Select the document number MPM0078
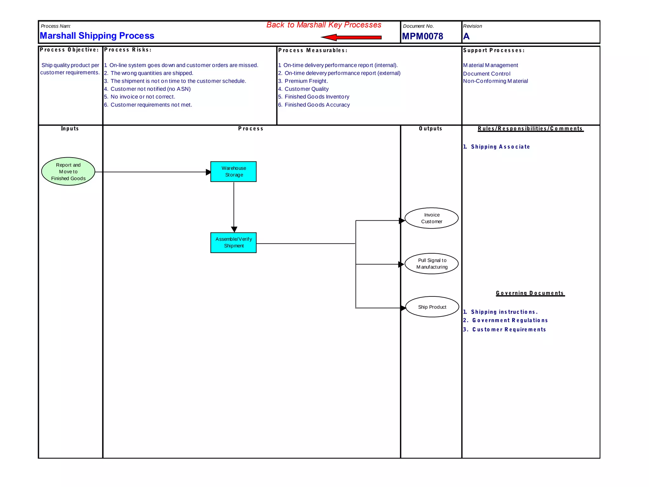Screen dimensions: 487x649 click(x=422, y=36)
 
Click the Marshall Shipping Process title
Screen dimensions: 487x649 click(x=97, y=36)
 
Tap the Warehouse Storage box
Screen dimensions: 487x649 click(x=234, y=172)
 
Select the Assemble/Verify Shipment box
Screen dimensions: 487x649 click(x=234, y=243)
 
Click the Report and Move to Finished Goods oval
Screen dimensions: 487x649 click(x=68, y=172)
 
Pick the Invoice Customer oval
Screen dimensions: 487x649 click(x=432, y=218)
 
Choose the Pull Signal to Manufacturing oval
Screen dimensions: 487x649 click(x=432, y=263)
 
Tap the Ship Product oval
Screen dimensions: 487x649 click(x=432, y=307)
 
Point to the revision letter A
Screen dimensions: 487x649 click(x=466, y=36)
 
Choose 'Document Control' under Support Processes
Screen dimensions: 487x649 click(x=487, y=74)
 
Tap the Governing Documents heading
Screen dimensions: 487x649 click(x=530, y=293)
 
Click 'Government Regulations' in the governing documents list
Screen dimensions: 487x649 click(x=510, y=321)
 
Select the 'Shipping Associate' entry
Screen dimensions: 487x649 click(x=500, y=147)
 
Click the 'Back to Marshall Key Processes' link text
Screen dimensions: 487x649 click(x=324, y=25)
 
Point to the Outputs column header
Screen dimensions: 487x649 click(x=430, y=129)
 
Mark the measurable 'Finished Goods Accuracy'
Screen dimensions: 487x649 click(x=317, y=105)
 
